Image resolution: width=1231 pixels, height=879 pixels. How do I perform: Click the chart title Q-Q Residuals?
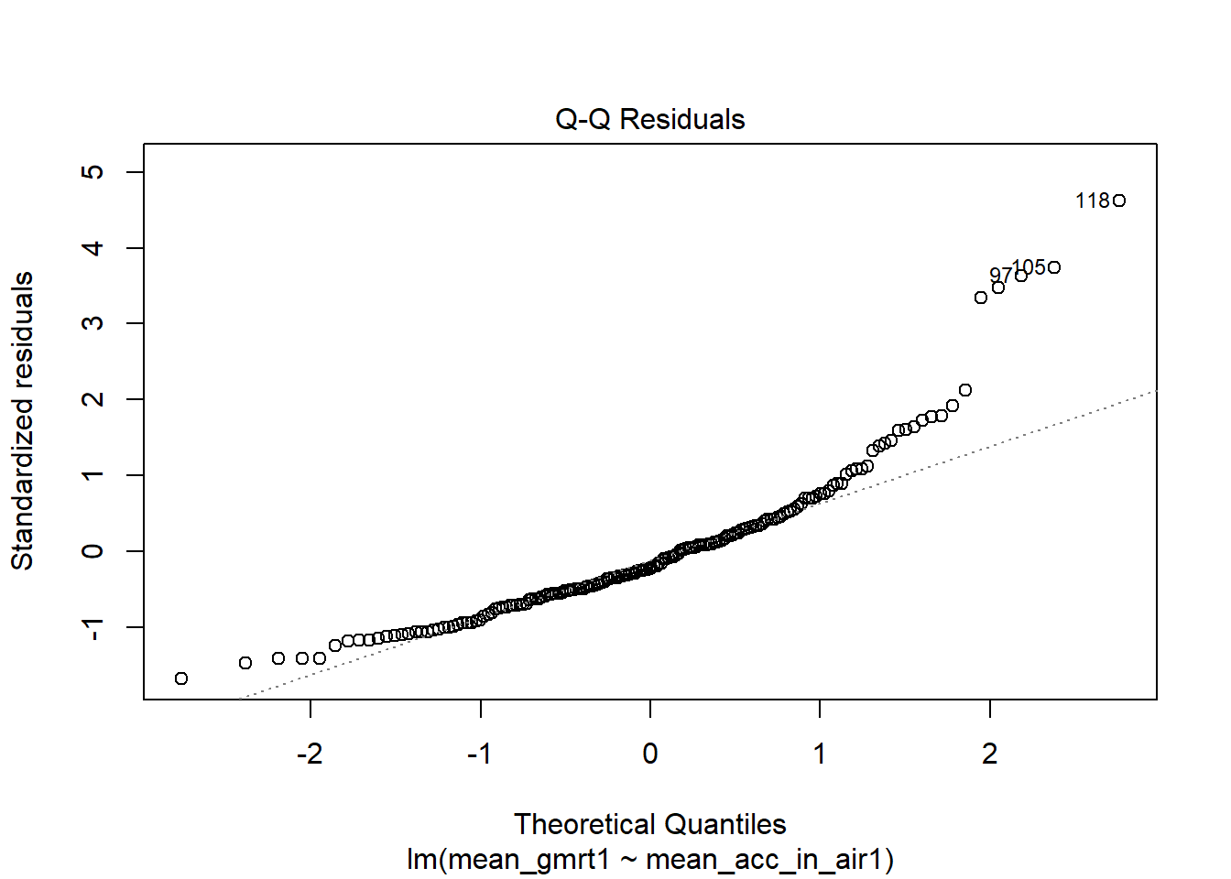click(650, 120)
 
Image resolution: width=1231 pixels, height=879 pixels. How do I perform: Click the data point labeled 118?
click(1119, 201)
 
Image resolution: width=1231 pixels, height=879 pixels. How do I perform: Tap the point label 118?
click(1092, 201)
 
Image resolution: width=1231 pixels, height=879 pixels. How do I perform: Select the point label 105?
click(1029, 266)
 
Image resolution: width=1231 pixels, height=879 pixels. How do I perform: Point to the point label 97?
click(998, 276)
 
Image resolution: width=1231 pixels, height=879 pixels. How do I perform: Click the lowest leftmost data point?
click(181, 678)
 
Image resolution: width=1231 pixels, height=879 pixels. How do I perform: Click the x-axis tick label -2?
click(310, 754)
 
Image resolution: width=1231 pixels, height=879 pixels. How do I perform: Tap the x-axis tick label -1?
click(479, 754)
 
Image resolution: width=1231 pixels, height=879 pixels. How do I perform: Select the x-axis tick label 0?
click(650, 754)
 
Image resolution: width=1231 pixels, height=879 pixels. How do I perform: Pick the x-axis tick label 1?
click(820, 754)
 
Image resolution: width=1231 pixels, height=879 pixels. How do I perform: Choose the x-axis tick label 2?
click(990, 754)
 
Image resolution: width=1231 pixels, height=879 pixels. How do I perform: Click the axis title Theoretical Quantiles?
click(650, 824)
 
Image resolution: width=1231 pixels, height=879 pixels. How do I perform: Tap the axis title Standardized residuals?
click(22, 421)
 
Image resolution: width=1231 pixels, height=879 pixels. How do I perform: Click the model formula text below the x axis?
click(650, 860)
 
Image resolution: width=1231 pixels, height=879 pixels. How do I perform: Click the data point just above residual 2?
click(964, 390)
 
